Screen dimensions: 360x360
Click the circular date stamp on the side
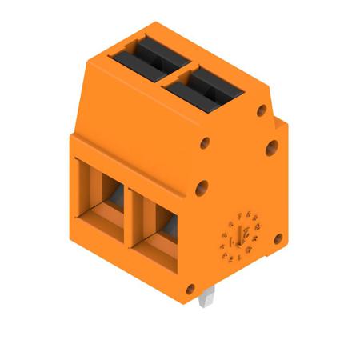[x=236, y=238]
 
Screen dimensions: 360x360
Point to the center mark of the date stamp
[x=236, y=238]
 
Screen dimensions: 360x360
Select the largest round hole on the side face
[x=271, y=146]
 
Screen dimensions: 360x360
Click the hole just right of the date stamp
[x=277, y=238]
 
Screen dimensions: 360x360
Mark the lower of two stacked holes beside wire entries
[x=202, y=189]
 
